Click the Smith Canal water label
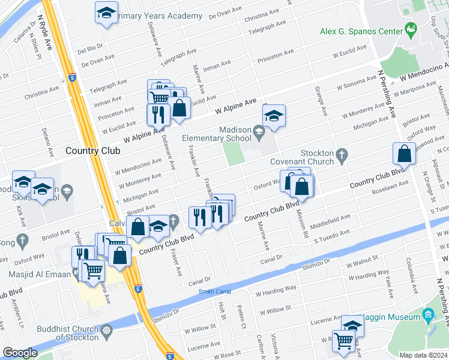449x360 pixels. pos(214,292)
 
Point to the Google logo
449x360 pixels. pos(20,353)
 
